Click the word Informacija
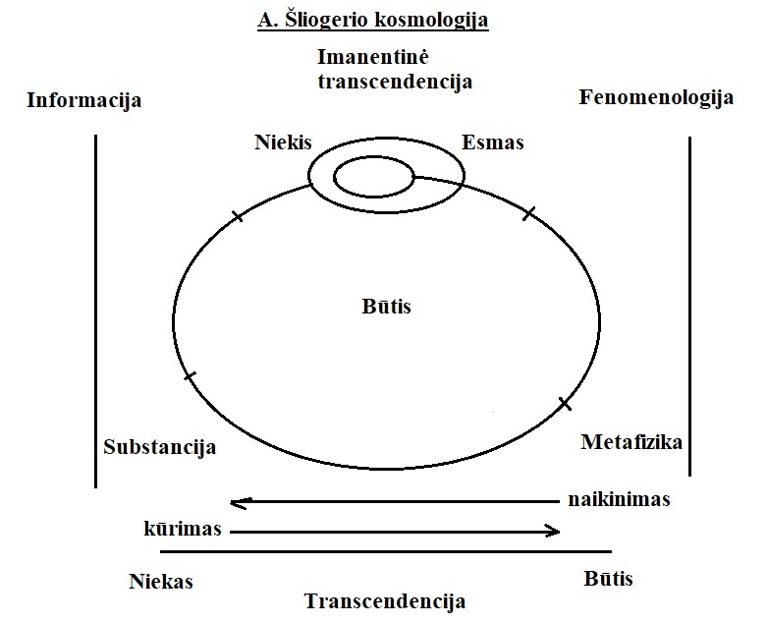[84, 100]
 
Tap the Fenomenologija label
[657, 98]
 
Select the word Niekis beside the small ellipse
[282, 142]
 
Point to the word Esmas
[493, 142]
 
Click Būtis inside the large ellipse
[386, 307]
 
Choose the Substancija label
[159, 448]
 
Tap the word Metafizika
[631, 441]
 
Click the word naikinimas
[619, 499]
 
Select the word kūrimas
[181, 529]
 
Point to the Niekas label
[160, 581]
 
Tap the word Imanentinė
[395, 58]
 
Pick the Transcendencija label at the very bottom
[384, 600]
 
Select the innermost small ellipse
[373, 178]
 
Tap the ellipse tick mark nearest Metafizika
[565, 403]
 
